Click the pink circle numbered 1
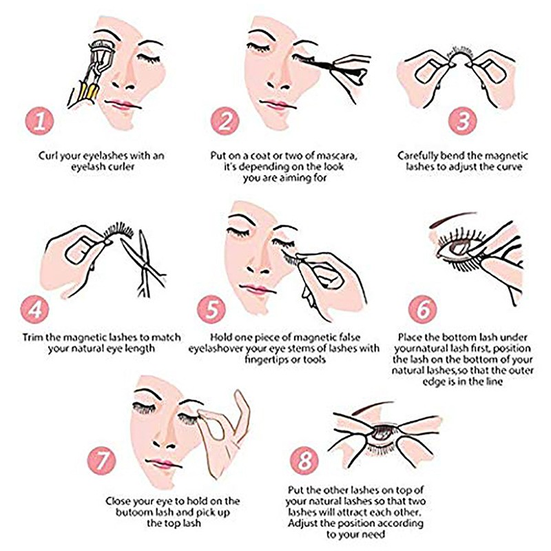point(39,121)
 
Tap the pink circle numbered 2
point(225,121)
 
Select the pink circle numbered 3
point(462,121)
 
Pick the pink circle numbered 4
point(35,309)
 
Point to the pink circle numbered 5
point(211,309)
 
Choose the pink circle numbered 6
point(423,309)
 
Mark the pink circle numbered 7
point(101,460)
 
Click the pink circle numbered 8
point(304,460)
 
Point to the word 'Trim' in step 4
point(33,337)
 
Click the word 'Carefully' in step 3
point(417,156)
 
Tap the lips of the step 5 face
point(253,289)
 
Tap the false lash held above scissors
point(118,231)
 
